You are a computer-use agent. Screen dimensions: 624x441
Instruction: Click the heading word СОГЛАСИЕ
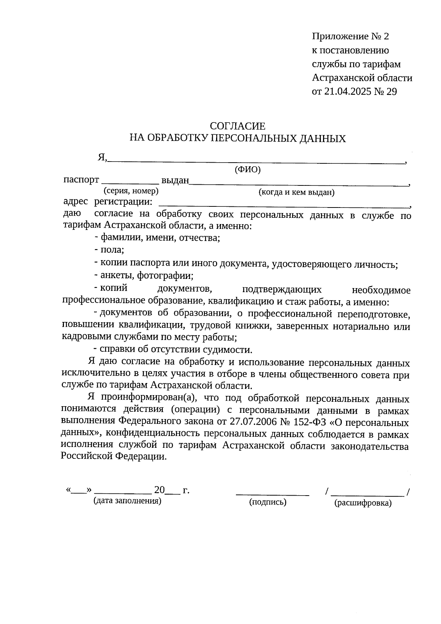(237, 126)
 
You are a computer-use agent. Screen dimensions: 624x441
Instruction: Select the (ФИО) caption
(247, 170)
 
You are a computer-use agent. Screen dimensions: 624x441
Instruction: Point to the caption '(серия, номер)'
(131, 191)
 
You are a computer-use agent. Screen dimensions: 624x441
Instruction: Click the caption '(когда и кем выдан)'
(296, 192)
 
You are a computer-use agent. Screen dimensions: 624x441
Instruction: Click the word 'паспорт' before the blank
(81, 180)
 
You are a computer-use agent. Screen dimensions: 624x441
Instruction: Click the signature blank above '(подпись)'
(272, 494)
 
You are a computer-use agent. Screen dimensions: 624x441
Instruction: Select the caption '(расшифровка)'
(363, 503)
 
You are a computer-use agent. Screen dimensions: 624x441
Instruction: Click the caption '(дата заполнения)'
(128, 501)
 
